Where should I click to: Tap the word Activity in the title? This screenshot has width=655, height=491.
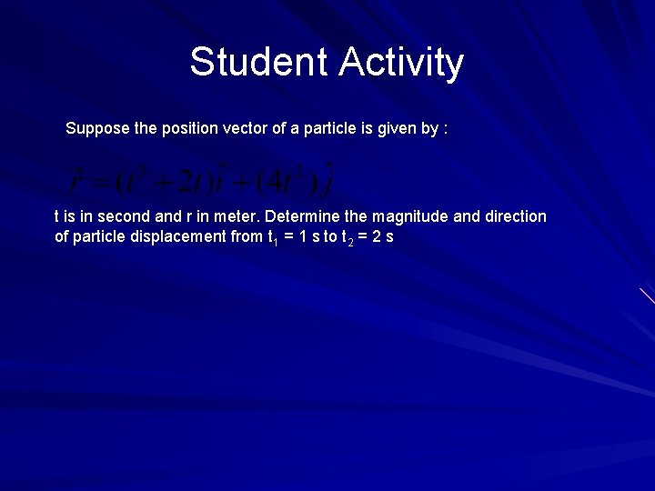pos(401,63)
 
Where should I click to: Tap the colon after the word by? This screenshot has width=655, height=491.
pos(445,129)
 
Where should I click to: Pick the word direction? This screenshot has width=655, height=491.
pos(512,216)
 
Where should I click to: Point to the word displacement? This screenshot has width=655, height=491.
pos(179,236)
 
